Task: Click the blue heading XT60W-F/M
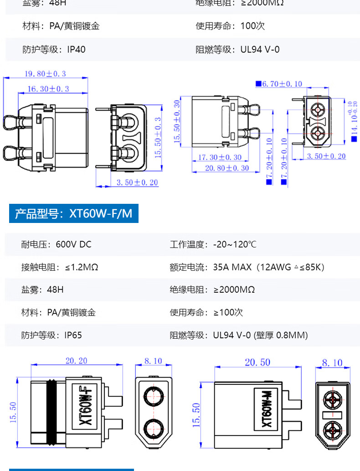tap(73, 213)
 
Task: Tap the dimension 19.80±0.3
tap(45, 73)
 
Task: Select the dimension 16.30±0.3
tap(48, 89)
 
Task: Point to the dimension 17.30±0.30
tap(220, 157)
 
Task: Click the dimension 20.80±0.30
tap(227, 168)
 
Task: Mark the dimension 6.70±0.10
tap(282, 84)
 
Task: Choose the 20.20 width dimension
tap(76, 361)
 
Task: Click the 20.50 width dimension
tap(257, 362)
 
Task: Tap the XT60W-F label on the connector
tap(85, 405)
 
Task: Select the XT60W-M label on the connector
tap(267, 409)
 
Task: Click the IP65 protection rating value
tap(73, 335)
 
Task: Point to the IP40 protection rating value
tap(76, 49)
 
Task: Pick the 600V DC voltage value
tap(73, 244)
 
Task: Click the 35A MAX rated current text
tap(232, 267)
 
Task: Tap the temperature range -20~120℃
tap(235, 244)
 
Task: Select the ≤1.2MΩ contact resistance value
tap(82, 267)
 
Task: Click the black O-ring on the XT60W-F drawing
tap(51, 413)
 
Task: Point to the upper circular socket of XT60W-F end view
tap(154, 396)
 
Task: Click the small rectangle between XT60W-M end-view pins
tap(332, 415)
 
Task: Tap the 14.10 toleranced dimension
tap(354, 121)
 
